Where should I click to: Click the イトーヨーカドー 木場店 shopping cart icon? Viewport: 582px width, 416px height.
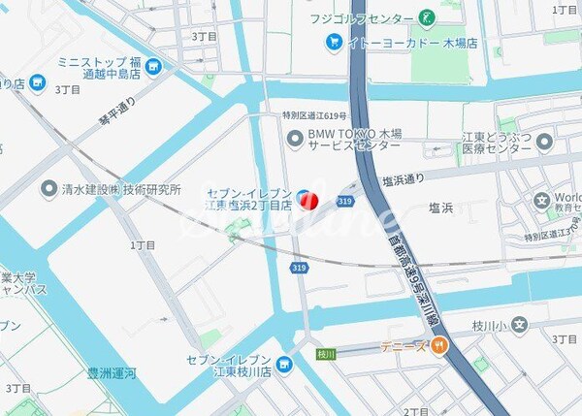(334, 43)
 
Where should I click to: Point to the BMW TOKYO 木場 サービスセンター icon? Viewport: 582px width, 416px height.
(295, 140)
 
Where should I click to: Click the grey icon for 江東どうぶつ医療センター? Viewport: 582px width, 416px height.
(544, 142)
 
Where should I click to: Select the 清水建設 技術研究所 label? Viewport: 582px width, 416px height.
(122, 189)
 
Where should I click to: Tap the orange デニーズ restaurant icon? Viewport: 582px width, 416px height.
(439, 344)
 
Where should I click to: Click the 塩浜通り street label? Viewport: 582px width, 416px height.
(404, 179)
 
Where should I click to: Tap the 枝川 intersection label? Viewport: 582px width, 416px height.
(325, 354)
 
